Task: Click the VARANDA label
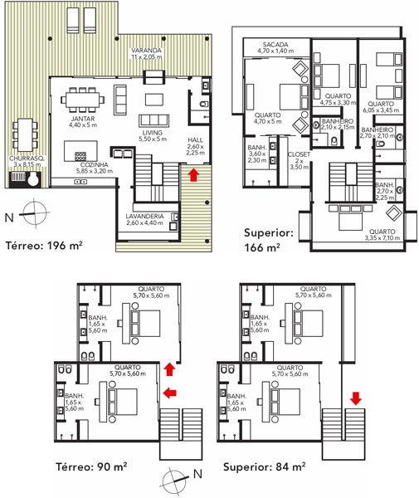146,51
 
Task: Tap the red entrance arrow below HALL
193,174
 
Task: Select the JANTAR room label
83,119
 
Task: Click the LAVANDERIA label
144,217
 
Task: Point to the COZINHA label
94,165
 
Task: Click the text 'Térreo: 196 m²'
44,246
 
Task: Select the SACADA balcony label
275,45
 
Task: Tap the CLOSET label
299,154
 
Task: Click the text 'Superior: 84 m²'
264,466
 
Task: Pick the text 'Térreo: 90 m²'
91,466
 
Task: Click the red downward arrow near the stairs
356,398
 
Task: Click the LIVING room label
153,133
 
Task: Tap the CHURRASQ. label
27,159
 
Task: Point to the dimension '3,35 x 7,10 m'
382,238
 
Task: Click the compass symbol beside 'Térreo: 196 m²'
34,213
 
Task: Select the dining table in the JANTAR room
82,100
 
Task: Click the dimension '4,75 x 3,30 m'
338,103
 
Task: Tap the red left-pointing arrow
170,393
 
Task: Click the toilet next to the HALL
204,104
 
